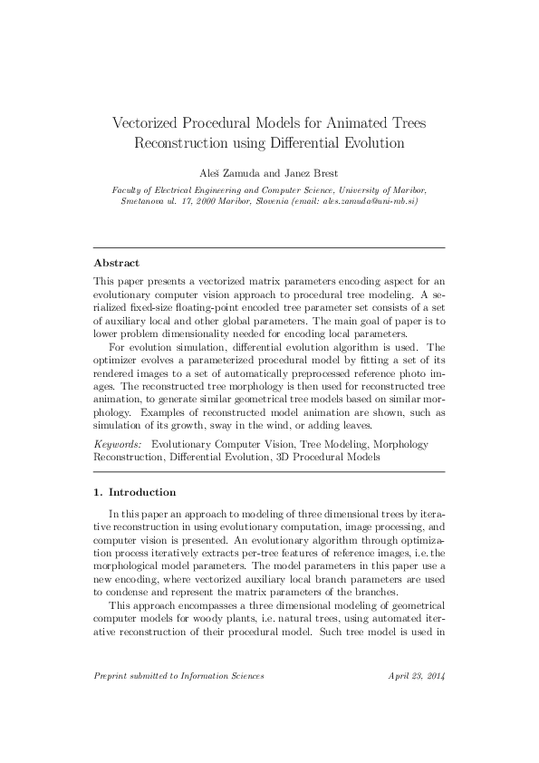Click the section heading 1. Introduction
coord(135,492)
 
